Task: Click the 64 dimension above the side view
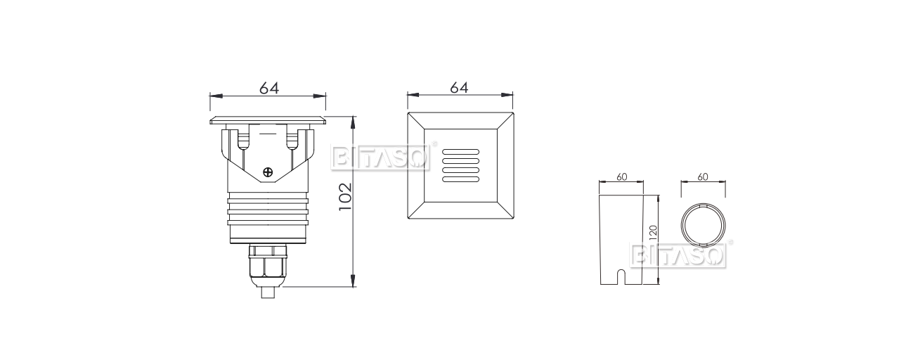tap(269, 88)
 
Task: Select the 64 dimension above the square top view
tap(459, 88)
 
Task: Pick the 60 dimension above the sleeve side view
tap(621, 177)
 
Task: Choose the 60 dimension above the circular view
tap(703, 177)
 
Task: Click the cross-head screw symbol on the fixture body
tap(267, 172)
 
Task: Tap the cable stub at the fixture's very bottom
tap(267, 292)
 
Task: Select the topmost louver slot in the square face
tap(460, 152)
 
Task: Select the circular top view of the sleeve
tap(704, 227)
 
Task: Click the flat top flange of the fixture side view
tap(268, 120)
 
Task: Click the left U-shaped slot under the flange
tap(243, 139)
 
